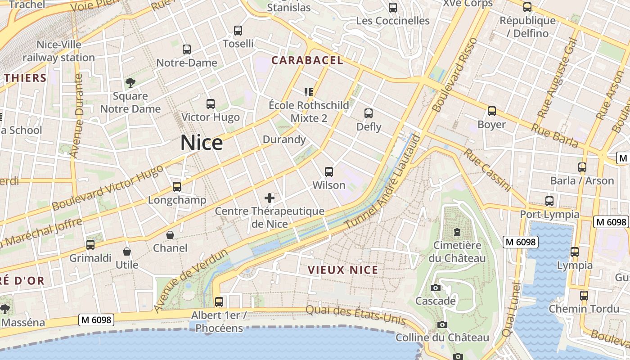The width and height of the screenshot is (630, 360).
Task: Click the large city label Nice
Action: coord(202,143)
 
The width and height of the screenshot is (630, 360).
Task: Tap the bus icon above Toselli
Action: coord(238,31)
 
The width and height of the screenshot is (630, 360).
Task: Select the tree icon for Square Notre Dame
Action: coord(130,83)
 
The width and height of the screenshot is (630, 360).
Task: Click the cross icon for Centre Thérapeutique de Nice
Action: coord(270,198)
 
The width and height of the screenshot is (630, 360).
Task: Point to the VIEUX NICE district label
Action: coord(343,270)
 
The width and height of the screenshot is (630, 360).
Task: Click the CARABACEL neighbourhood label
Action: coord(307,60)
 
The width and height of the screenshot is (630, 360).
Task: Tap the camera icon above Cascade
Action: coord(436,288)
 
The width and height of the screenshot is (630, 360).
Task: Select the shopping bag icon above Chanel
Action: coord(170,235)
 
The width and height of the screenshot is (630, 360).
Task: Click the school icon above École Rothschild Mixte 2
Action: coord(309,92)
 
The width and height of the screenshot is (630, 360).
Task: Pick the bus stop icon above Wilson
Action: coord(329,172)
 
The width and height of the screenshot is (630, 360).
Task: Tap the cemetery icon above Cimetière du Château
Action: coord(457,232)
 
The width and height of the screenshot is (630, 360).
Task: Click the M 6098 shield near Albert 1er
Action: coord(96,320)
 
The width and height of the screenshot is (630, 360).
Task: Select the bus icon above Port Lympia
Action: coord(549,201)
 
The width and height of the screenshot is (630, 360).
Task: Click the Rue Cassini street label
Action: coord(488,170)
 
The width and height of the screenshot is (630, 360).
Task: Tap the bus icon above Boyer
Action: coord(492,111)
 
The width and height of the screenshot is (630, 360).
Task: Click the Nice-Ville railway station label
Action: coord(58,51)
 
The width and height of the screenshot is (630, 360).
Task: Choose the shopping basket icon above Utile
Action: coord(127,252)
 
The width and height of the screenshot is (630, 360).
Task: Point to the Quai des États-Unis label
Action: coord(355,315)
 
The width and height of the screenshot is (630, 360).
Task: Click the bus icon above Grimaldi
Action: coord(90,245)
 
